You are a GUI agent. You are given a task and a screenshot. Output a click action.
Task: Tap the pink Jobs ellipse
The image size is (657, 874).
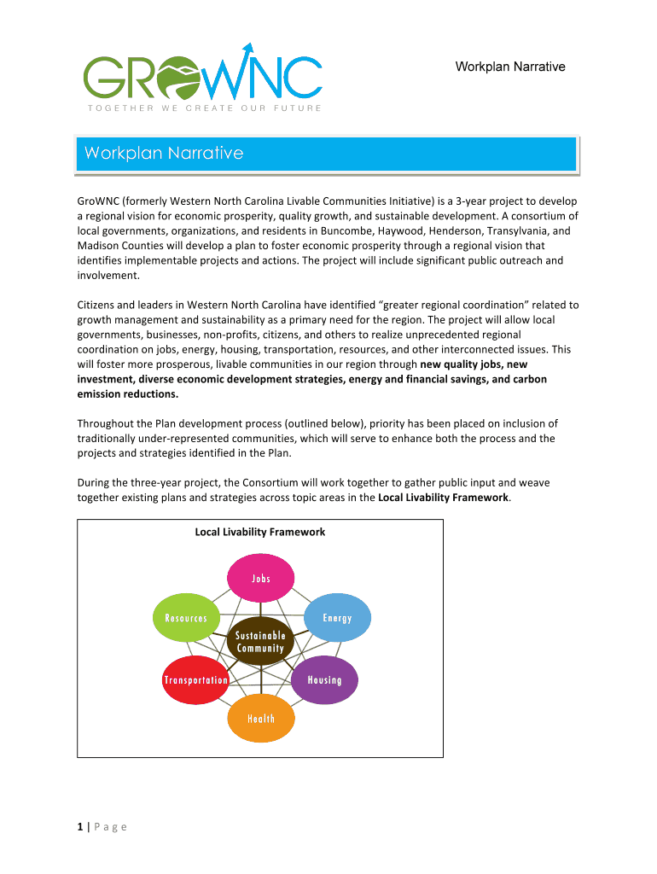point(261,578)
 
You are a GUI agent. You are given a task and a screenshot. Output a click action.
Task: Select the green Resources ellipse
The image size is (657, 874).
point(185,618)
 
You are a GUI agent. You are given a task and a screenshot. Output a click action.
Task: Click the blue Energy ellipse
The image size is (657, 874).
point(337,618)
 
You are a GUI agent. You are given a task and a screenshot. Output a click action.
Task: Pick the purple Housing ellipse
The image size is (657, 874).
point(324,680)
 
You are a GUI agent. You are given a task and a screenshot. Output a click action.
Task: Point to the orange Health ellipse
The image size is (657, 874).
point(261,719)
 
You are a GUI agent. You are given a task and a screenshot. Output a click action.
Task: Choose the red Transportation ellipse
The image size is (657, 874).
point(195,680)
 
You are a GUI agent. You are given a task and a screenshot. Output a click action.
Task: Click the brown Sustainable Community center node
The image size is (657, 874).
point(260,642)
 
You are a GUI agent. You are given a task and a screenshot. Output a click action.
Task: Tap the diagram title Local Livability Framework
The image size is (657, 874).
point(260,532)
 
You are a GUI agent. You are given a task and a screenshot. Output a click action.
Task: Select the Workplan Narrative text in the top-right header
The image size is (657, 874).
point(510,67)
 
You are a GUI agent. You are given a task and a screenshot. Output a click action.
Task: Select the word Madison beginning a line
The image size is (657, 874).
point(99,245)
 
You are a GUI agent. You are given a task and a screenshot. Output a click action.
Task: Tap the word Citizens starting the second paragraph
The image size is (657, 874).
point(99,305)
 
